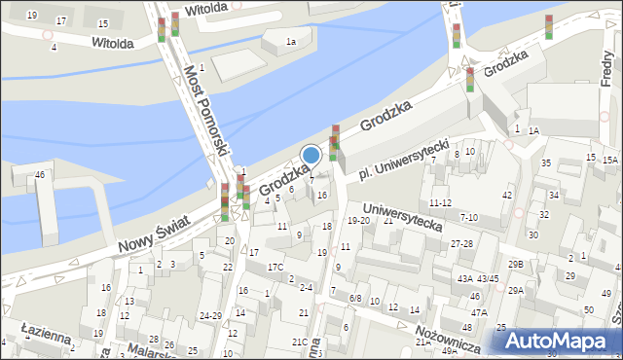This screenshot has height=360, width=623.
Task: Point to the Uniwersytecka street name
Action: [401, 216]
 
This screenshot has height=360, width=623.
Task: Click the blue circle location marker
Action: [311, 154]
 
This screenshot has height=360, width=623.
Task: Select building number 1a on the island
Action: [291, 41]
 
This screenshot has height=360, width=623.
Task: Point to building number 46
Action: [40, 174]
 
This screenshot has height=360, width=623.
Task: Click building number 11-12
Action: [441, 203]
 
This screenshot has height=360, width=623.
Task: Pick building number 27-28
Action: [461, 243]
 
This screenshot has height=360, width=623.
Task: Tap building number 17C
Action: [275, 267]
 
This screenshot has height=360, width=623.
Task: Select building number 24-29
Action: [210, 315]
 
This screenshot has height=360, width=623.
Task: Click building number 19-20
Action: [359, 221]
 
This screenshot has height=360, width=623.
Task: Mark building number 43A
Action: [465, 278]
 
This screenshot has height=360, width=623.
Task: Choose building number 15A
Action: [609, 160]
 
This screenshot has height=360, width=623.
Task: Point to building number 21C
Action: [300, 342]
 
